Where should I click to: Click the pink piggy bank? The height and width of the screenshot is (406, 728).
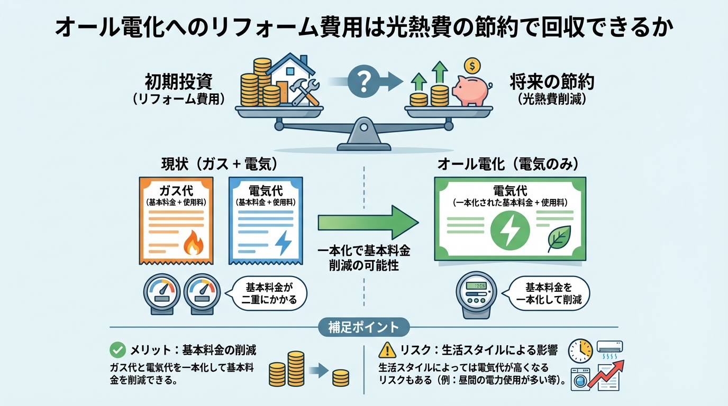pos(470,90)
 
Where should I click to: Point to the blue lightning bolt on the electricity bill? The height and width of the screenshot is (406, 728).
pos(283,244)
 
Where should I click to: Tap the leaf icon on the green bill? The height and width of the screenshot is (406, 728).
pos(559,238)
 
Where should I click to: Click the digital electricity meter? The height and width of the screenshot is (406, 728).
pos(475,298)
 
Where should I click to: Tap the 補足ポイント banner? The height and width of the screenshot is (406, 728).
pos(364,327)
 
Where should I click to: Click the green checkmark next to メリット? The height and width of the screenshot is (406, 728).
pos(116,350)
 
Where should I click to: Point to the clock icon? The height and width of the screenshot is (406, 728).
pos(580,351)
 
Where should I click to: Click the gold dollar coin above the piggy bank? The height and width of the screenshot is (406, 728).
pos(471,66)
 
